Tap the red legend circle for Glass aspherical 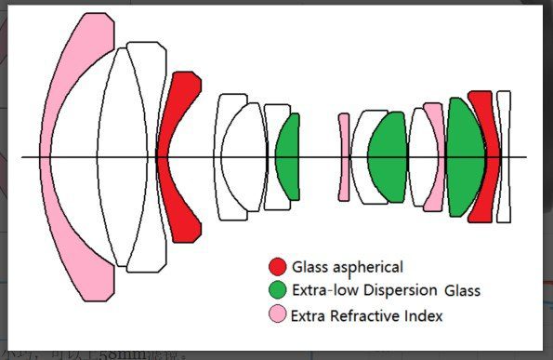pyautogui.click(x=277, y=267)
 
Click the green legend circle pyautogui.click(x=277, y=290)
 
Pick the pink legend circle pyautogui.click(x=277, y=315)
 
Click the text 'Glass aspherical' pyautogui.click(x=348, y=267)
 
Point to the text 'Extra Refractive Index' pyautogui.click(x=366, y=315)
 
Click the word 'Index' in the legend pyautogui.click(x=424, y=315)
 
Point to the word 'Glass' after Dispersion pyautogui.click(x=462, y=290)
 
